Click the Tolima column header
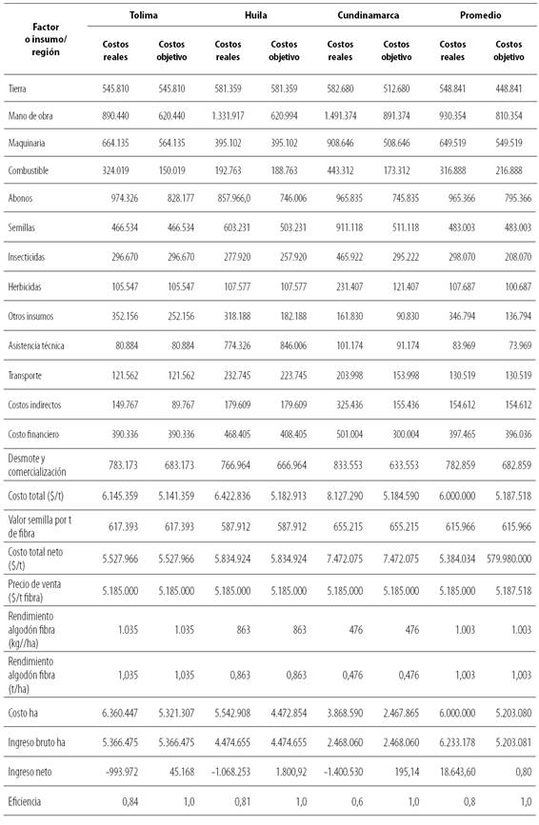click(x=144, y=16)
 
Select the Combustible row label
click(x=31, y=171)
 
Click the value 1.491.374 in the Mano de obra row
click(x=353, y=116)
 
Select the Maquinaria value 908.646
click(x=353, y=144)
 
